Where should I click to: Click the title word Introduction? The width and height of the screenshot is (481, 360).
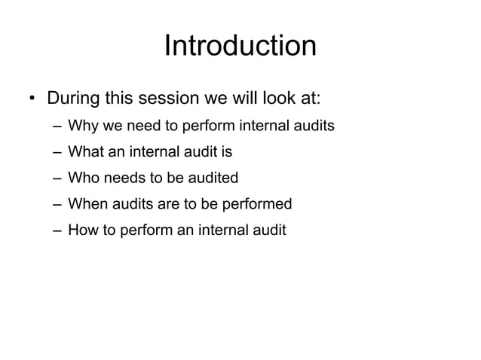click(x=240, y=46)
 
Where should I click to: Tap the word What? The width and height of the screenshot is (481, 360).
click(x=85, y=152)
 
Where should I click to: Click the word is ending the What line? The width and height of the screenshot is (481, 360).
click(x=226, y=152)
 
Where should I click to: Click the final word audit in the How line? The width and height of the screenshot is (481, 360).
click(x=268, y=230)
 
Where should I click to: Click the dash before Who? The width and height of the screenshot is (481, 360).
click(x=57, y=178)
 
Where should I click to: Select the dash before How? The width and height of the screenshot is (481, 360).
click(x=57, y=230)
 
